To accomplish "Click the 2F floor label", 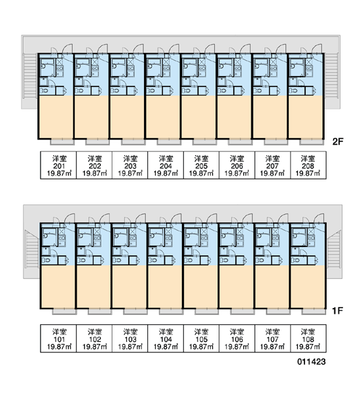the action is click(x=338, y=141).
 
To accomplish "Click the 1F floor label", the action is click(x=338, y=310).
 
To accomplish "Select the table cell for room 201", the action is click(x=58, y=165).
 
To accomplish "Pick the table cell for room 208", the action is click(x=308, y=165).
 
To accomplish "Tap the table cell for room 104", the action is click(x=166, y=339).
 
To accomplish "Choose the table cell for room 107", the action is click(x=272, y=339).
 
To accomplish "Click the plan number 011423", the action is click(x=312, y=362).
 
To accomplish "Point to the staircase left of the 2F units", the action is click(x=30, y=76).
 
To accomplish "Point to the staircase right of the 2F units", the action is click(x=332, y=76).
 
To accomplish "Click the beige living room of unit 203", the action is click(x=127, y=117).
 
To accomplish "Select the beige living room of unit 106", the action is click(x=236, y=286).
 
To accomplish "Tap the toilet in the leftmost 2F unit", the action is click(x=45, y=90).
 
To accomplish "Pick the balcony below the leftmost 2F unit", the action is click(x=62, y=142).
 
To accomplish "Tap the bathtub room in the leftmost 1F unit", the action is click(x=49, y=237).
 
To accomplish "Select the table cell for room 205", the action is click(x=202, y=165).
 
